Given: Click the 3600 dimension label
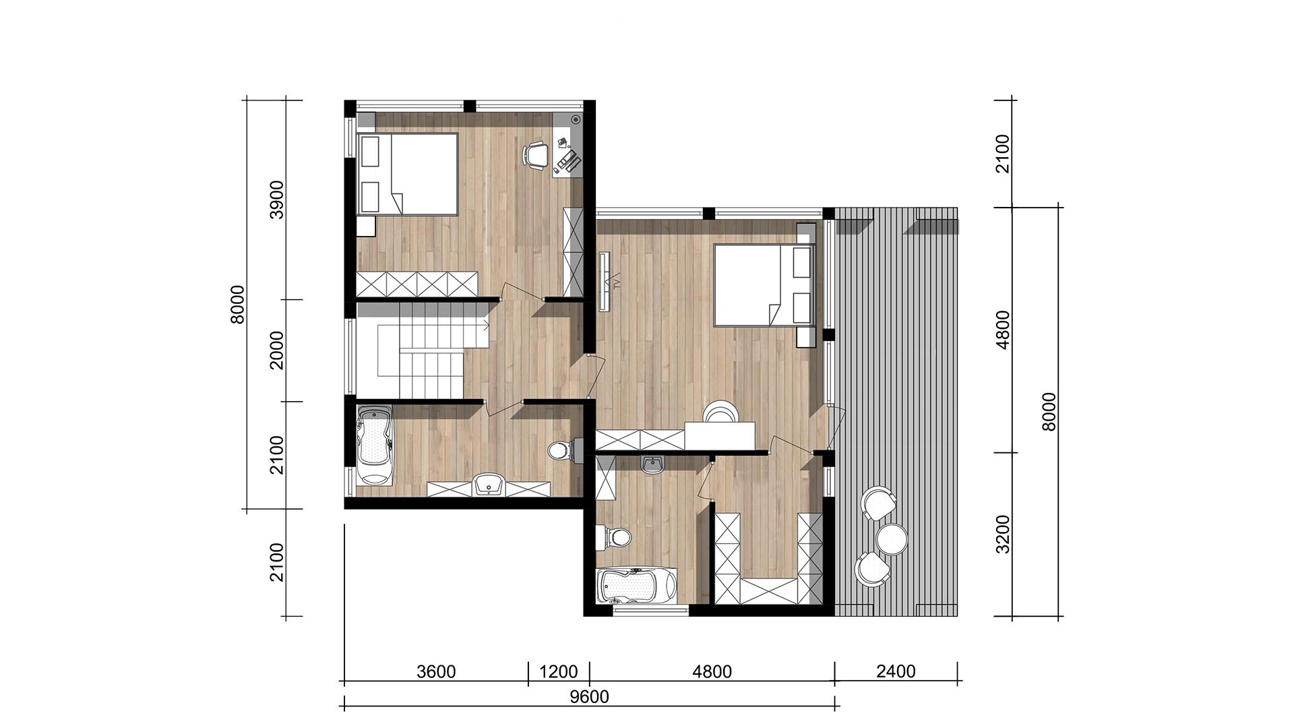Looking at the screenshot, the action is pyautogui.click(x=436, y=671).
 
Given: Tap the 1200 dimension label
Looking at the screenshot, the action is pyautogui.click(x=559, y=671).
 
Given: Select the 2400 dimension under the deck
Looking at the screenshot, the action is pyautogui.click(x=896, y=671).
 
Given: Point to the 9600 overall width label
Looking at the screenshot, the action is pyautogui.click(x=589, y=696).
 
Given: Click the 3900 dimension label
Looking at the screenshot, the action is pyautogui.click(x=277, y=200).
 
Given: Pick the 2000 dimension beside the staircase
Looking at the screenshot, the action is pyautogui.click(x=277, y=350).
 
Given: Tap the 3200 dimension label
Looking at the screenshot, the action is pyautogui.click(x=1004, y=534).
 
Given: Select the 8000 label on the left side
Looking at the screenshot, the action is pyautogui.click(x=237, y=304).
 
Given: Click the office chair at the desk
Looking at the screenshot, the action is pyautogui.click(x=535, y=155).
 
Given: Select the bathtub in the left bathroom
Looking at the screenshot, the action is pyautogui.click(x=374, y=445).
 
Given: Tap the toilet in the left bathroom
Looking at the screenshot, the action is pyautogui.click(x=563, y=450).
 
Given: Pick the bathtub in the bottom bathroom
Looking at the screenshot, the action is pyautogui.click(x=636, y=585).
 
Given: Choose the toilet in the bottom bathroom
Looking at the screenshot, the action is pyautogui.click(x=615, y=537).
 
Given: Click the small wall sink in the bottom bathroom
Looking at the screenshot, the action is pyautogui.click(x=652, y=464).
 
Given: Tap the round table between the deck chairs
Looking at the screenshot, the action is pyautogui.click(x=892, y=539).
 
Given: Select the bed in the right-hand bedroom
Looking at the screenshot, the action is pyautogui.click(x=764, y=285).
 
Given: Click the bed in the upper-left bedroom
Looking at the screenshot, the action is pyautogui.click(x=407, y=174).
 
